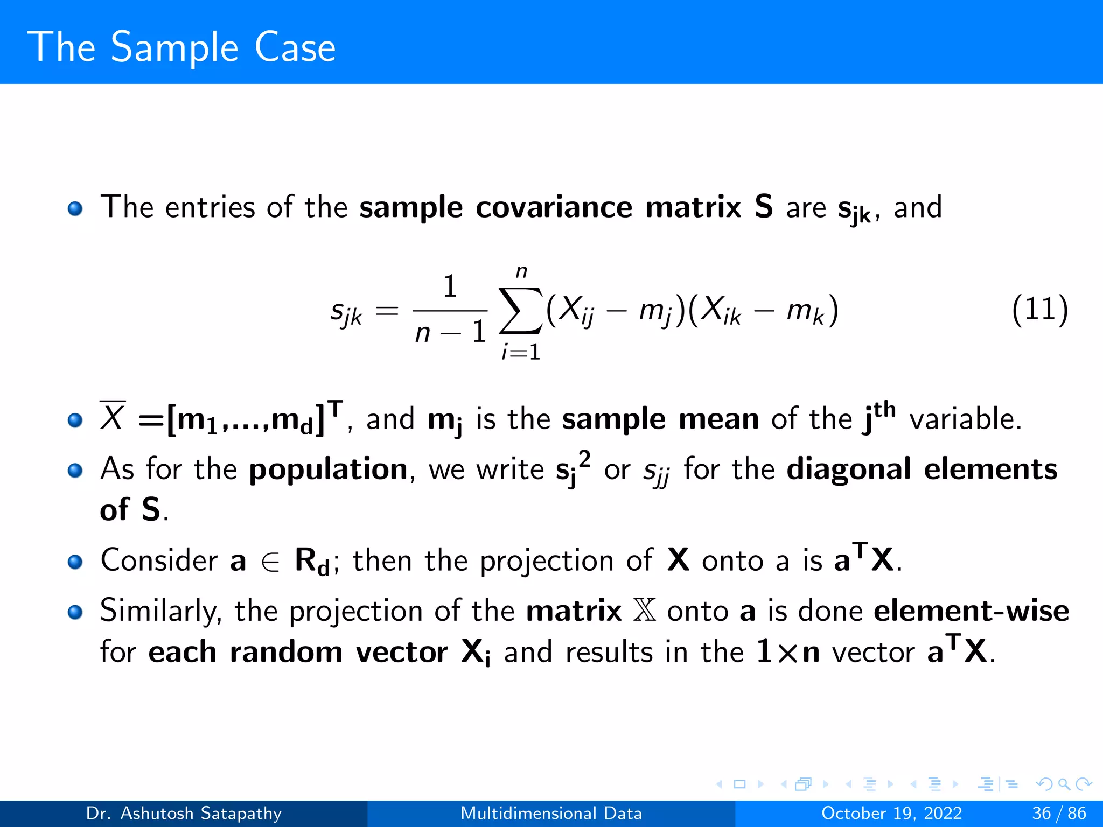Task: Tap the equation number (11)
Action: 1039,310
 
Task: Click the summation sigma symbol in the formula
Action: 520,311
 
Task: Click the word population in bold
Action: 328,469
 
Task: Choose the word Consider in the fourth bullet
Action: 159,560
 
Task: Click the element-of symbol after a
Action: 270,562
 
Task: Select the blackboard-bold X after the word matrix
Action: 644,611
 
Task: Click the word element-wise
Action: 971,611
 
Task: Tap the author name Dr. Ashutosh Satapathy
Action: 184,814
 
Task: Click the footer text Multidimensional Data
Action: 551,814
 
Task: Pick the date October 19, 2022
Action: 891,814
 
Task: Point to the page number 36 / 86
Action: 1059,814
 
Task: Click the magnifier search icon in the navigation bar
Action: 1064,784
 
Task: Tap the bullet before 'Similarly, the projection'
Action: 75,612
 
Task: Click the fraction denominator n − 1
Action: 450,332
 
